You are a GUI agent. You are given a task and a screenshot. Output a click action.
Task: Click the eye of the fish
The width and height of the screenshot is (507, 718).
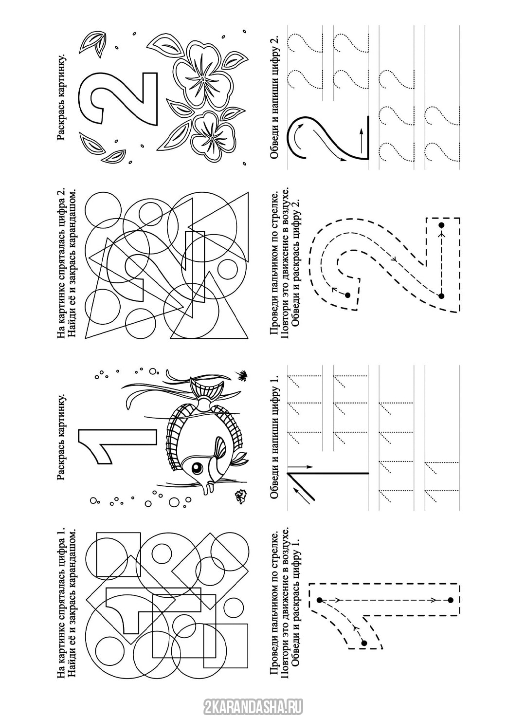pos(196,469)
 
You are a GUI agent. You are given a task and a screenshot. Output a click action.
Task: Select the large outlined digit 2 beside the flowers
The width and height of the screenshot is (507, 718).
pos(119,98)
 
